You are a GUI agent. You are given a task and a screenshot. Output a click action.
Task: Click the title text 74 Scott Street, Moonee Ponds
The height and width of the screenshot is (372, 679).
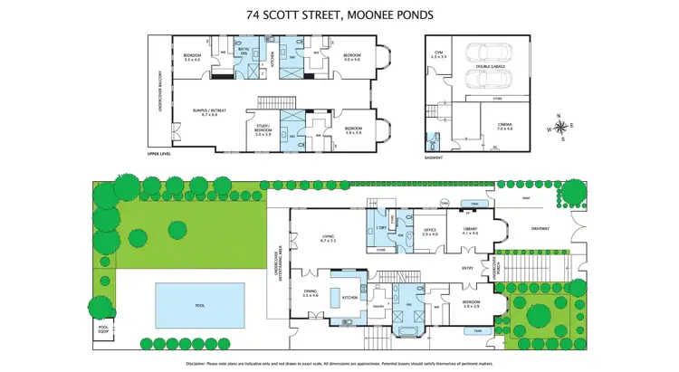(x=339, y=14)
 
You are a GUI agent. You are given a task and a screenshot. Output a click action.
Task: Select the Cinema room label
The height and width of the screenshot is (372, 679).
(x=503, y=127)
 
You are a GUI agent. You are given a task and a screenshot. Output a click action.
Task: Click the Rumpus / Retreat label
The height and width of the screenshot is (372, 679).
(x=209, y=112)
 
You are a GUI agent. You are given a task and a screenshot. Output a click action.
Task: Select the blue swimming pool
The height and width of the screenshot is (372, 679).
(x=199, y=305)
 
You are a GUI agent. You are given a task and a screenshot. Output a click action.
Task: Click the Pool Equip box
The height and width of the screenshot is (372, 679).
(x=103, y=329)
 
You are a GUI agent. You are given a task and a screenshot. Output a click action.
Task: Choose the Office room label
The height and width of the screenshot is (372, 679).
(x=430, y=232)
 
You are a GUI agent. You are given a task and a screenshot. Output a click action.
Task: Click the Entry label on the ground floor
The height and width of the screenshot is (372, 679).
(x=467, y=268)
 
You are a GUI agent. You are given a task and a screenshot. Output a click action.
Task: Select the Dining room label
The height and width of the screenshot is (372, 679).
(x=311, y=294)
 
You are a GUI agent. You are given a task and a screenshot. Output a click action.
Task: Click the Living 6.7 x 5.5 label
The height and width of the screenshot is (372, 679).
(x=328, y=240)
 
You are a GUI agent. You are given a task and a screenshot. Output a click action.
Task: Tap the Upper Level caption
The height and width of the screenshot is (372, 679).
(x=158, y=154)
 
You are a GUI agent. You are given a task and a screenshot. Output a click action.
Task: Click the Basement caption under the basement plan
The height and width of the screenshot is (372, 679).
(x=434, y=157)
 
